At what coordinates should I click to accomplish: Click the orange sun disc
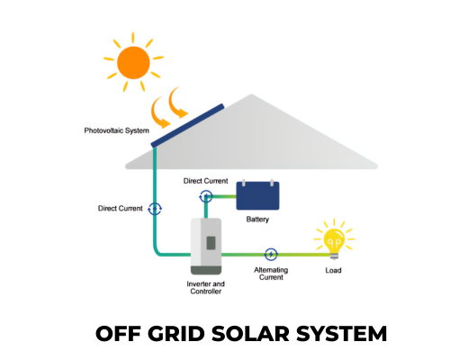coord(133,63)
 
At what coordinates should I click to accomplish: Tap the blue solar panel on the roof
coord(187,126)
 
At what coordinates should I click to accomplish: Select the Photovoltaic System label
coord(117,130)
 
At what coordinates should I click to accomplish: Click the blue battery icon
coord(257,195)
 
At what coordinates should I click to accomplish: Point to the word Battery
coord(257,220)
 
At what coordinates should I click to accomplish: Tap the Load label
coord(333,270)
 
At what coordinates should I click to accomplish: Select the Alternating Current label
coord(271,274)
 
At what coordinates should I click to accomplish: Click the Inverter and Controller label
coord(206,287)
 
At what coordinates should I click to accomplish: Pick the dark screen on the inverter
coord(211,243)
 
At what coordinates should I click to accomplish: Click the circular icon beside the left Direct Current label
coord(155,209)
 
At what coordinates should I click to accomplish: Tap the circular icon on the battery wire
coord(206,197)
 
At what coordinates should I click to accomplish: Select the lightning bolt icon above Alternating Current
coord(271,255)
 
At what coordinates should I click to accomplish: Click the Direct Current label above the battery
coord(206,181)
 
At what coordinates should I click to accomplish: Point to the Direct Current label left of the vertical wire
coord(121,209)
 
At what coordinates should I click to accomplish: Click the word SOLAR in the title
coord(250,334)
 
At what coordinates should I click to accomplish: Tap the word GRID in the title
coord(176,334)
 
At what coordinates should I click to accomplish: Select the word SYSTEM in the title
coord(342,334)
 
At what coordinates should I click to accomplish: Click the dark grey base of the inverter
coord(206,270)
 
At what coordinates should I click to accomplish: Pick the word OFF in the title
coord(118,334)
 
